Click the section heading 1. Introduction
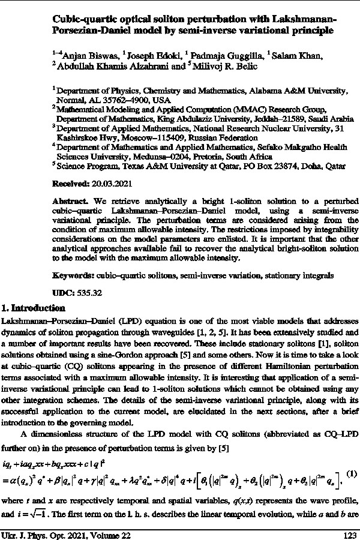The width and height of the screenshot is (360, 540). pos(34,308)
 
